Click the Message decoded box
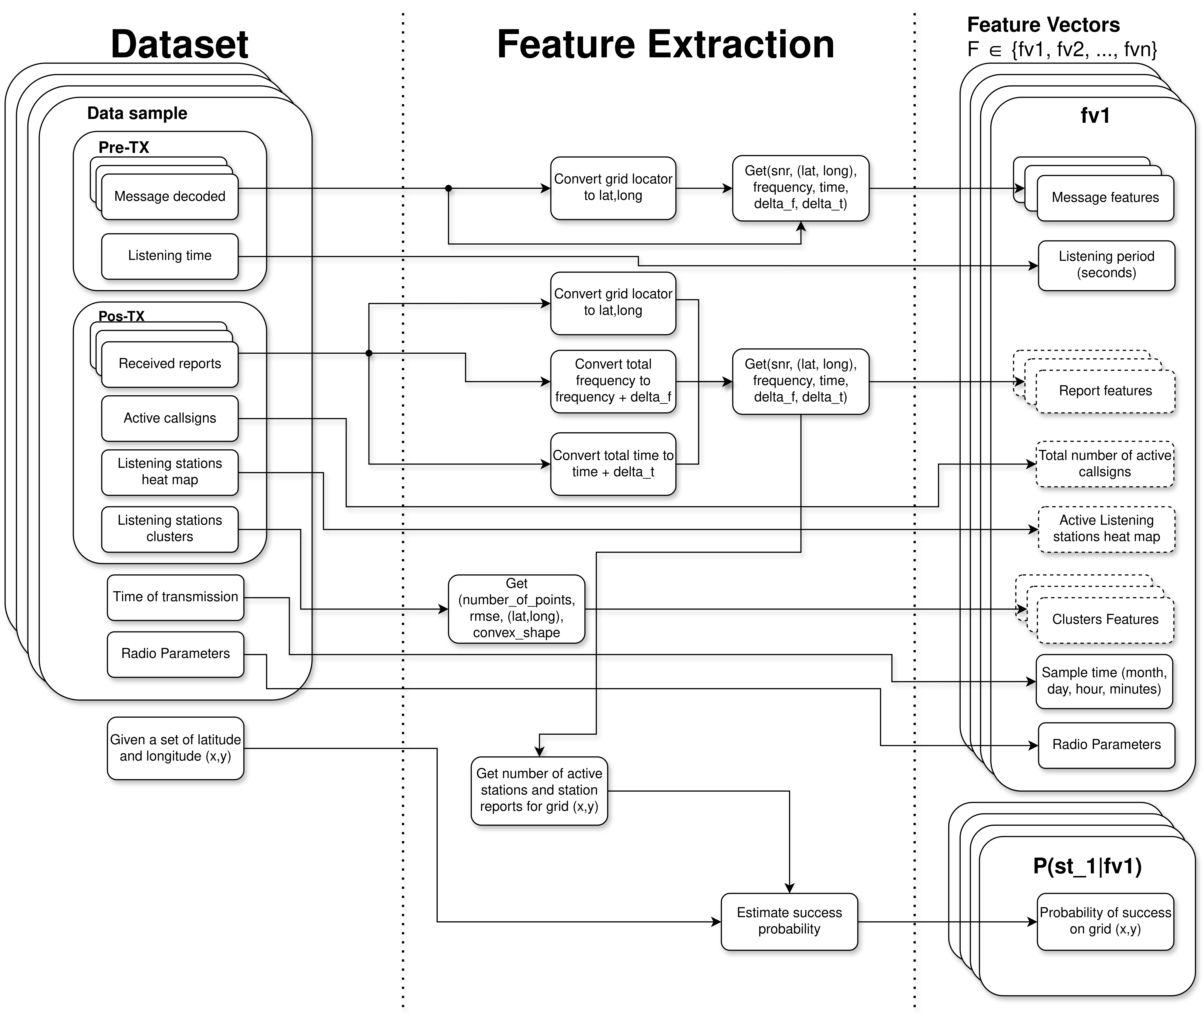click(170, 197)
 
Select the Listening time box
click(170, 256)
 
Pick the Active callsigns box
click(170, 418)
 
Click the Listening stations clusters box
click(170, 529)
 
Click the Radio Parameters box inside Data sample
click(175, 654)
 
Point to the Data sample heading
click(137, 113)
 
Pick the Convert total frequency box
click(613, 381)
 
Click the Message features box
click(1105, 198)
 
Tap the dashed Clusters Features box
click(1105, 620)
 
